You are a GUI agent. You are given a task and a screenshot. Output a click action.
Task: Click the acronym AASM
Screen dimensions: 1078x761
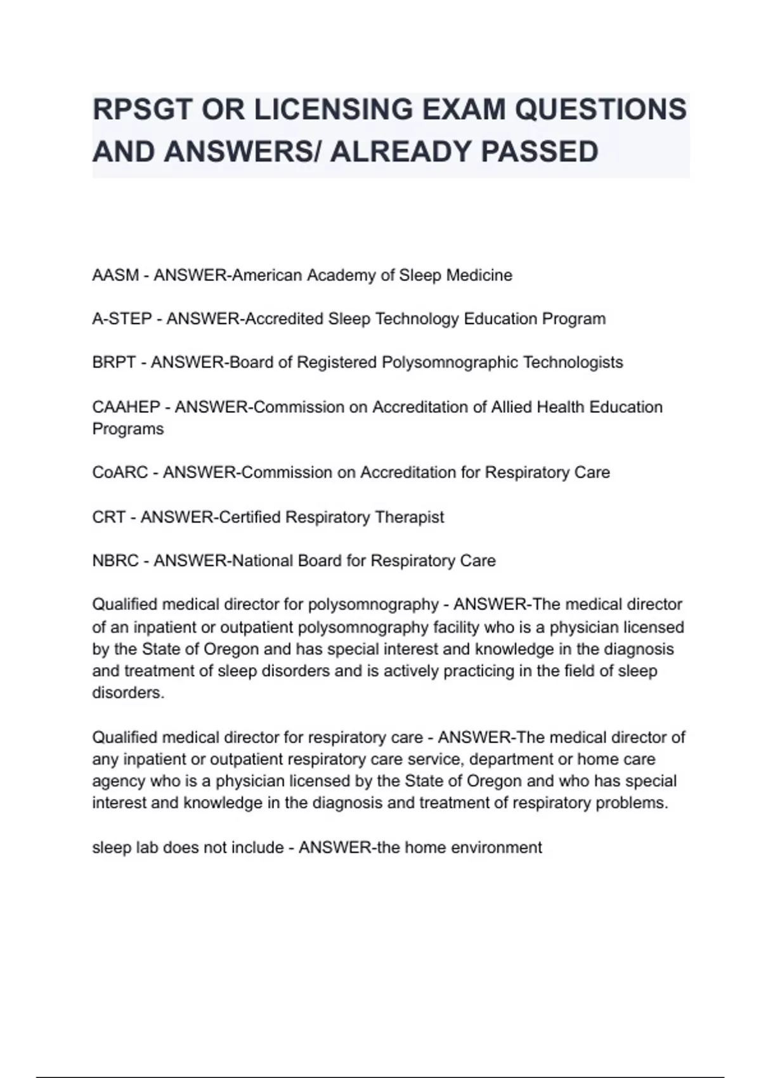pyautogui.click(x=115, y=275)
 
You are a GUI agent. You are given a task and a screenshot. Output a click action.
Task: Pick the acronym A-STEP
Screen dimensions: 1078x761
pyautogui.click(x=122, y=318)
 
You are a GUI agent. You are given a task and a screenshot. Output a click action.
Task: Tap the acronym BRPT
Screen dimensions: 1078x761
pyautogui.click(x=114, y=362)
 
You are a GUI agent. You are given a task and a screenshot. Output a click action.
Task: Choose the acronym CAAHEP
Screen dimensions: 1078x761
pyautogui.click(x=126, y=406)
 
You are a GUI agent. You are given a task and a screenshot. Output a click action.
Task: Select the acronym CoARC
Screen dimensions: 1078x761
pyautogui.click(x=120, y=472)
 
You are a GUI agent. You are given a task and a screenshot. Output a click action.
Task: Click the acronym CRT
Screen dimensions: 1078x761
pyautogui.click(x=108, y=517)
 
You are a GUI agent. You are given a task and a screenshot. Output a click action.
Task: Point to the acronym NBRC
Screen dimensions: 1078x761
pyautogui.click(x=115, y=561)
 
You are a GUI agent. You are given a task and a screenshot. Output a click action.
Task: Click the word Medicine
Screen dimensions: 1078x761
pyautogui.click(x=479, y=275)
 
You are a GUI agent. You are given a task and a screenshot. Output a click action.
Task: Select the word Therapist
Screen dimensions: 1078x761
pyautogui.click(x=410, y=517)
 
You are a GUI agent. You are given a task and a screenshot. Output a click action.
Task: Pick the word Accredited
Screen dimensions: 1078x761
pyautogui.click(x=284, y=318)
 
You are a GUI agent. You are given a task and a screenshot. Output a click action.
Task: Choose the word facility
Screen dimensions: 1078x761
pyautogui.click(x=456, y=627)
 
